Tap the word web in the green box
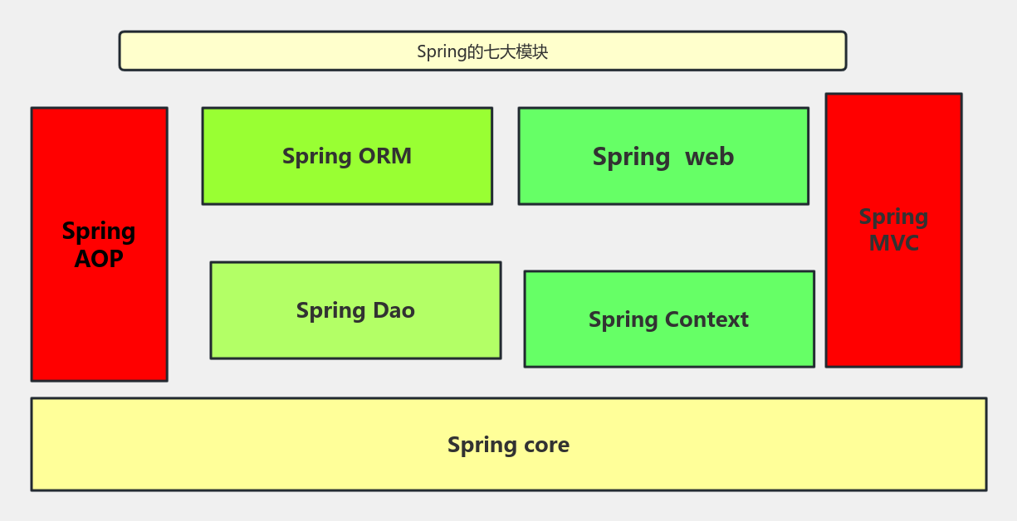point(709,157)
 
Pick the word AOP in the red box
point(99,259)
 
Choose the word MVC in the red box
point(893,243)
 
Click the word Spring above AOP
point(99,232)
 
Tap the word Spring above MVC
point(893,217)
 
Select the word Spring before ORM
point(316,157)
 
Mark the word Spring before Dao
point(330,311)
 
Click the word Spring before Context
point(623,320)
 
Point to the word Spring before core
point(482,446)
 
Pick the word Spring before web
point(631,158)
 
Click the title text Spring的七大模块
point(482,51)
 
